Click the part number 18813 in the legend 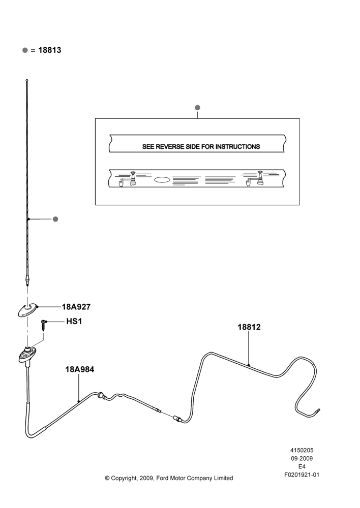50,50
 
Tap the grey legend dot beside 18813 25,50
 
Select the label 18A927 76,307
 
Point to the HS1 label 74,322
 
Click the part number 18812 249,327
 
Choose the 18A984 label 80,369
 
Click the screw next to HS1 44,324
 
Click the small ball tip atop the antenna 26,80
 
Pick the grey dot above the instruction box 197,108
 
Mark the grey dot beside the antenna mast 55,219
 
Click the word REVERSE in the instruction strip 170,147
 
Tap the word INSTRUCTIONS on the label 238,147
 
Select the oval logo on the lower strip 162,179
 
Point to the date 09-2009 302,458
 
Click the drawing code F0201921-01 302,475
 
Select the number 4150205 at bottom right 302,450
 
